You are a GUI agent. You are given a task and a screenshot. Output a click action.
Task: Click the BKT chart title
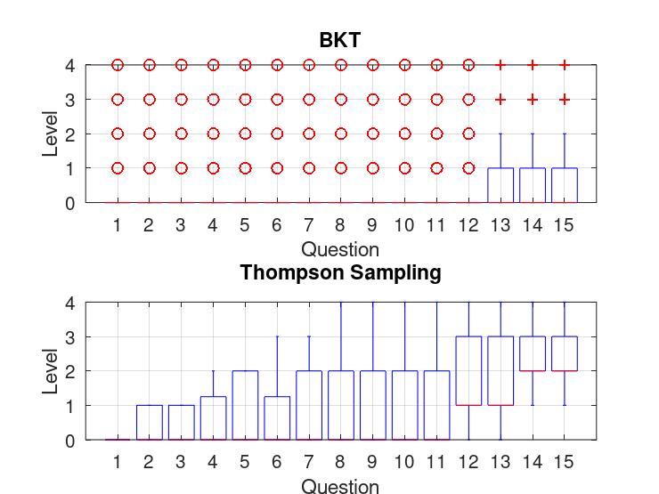340,40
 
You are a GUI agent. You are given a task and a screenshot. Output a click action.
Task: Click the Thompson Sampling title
340,272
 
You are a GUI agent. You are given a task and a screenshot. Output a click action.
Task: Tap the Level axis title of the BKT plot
51,134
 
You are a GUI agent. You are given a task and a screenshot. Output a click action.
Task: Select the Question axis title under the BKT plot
340,249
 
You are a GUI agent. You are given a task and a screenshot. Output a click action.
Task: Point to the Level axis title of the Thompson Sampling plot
51,371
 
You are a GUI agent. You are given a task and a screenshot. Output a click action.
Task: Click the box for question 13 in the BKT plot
500,185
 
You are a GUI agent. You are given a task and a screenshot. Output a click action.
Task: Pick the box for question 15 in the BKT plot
565,185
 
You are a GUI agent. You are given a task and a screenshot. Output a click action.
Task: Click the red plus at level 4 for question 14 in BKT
533,65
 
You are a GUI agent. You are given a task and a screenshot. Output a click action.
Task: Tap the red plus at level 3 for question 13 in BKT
500,100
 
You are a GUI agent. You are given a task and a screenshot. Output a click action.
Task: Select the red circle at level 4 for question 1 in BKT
118,65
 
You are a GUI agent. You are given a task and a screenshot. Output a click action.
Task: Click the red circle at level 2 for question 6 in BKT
277,134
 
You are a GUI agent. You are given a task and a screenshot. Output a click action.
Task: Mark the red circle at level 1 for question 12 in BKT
469,167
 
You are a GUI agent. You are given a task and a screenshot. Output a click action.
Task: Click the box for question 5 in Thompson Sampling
245,405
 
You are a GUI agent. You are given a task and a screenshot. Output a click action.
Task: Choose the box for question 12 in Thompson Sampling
469,370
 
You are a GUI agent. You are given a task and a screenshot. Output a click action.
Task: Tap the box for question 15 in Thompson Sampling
565,353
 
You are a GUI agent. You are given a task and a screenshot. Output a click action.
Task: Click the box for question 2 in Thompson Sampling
149,422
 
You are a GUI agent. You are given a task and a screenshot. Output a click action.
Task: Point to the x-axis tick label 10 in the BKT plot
404,226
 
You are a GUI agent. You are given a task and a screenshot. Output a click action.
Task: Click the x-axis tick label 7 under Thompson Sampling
309,463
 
